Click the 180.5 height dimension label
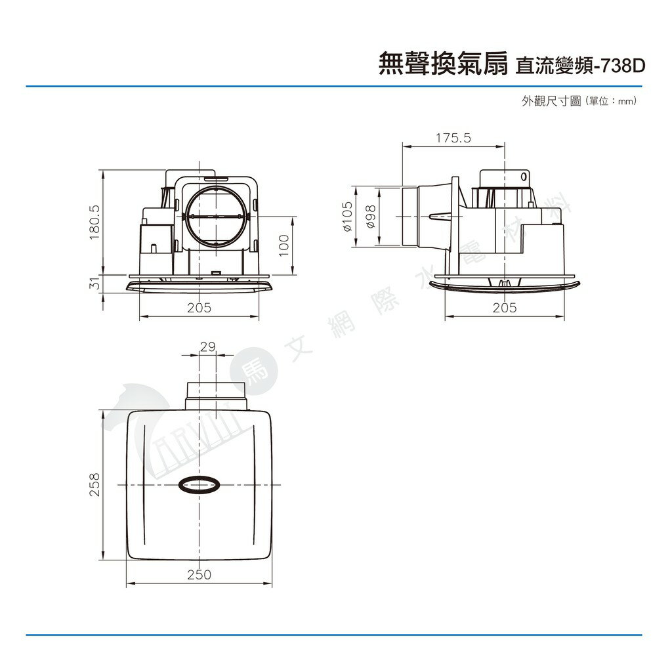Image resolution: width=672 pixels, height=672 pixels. (94, 222)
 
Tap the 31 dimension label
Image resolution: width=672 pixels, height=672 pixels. (94, 283)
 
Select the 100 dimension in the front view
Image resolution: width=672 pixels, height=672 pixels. (284, 245)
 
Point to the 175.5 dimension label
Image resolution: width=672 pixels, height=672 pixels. (453, 138)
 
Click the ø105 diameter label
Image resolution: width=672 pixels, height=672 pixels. (348, 217)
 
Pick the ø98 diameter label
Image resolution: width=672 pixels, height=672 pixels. (371, 217)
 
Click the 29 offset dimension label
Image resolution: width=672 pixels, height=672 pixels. (208, 346)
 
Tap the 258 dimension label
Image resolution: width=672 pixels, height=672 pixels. (94, 484)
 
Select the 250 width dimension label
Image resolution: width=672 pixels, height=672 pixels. (199, 574)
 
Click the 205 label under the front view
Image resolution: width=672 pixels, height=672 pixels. (199, 307)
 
